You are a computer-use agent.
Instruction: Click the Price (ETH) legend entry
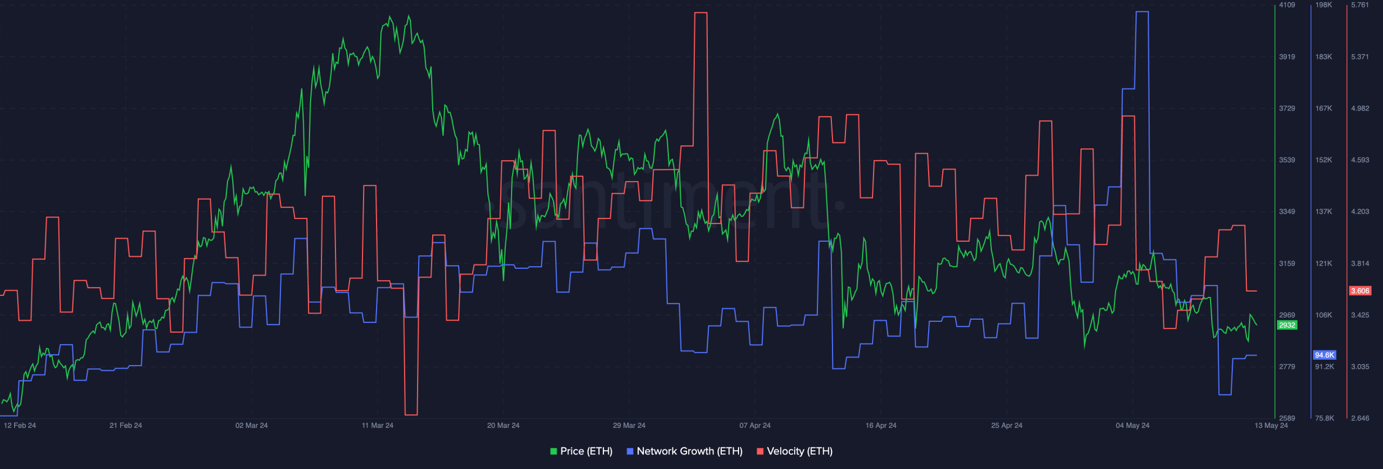(581, 451)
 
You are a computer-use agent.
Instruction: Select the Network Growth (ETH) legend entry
(684, 451)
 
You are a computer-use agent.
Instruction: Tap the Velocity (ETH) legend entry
(795, 451)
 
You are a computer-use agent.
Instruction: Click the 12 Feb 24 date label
(20, 425)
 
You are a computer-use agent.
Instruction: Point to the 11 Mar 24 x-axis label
(378, 425)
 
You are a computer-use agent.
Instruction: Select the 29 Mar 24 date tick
(629, 425)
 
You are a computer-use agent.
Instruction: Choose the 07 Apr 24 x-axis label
(755, 425)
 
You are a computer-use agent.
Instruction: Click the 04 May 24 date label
(1132, 425)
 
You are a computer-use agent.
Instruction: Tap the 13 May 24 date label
(1271, 425)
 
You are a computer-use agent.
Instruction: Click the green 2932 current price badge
(1287, 325)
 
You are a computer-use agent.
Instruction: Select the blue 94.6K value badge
(1324, 355)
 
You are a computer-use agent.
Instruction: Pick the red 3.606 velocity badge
(1360, 291)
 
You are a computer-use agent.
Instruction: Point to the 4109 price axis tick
(1287, 5)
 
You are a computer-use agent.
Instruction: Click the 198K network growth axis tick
(1324, 5)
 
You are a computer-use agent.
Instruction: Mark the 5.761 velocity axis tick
(1360, 5)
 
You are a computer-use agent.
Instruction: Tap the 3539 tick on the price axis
(1287, 160)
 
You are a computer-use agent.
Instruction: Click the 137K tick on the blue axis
(1324, 212)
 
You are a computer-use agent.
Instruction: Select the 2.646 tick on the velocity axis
(1360, 418)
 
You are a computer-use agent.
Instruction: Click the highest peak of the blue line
(1142, 12)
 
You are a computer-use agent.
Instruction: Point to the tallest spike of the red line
(701, 13)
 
